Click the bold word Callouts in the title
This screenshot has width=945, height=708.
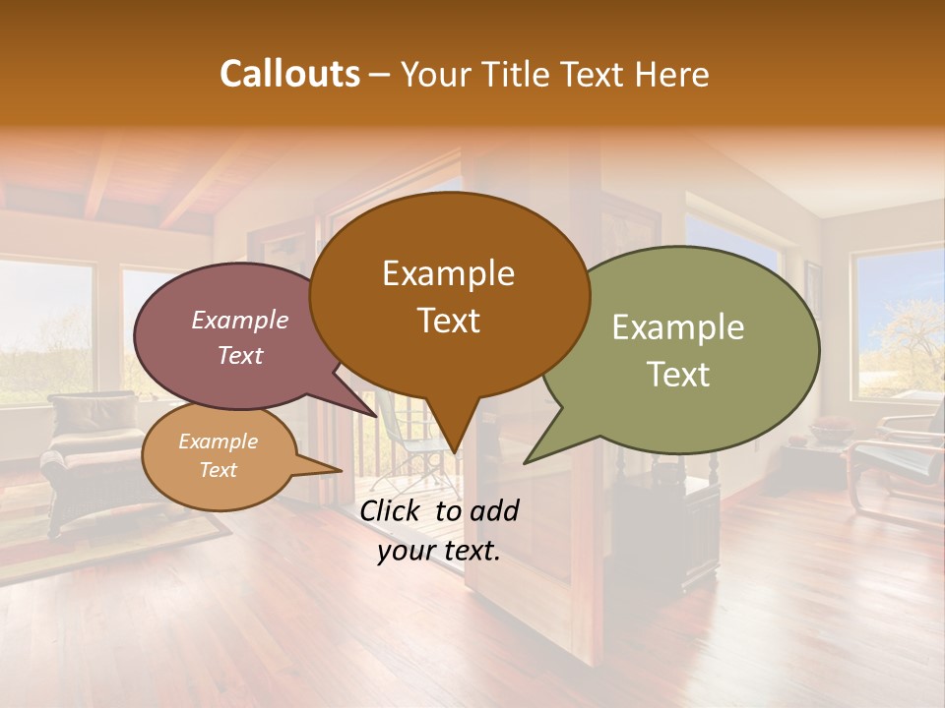click(x=289, y=74)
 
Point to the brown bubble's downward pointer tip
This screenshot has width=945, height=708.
click(x=454, y=452)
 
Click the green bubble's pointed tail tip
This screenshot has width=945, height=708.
click(x=526, y=462)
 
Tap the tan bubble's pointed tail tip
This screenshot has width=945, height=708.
click(x=341, y=471)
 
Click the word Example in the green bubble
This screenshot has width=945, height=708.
click(x=678, y=327)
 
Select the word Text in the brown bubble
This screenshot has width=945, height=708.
click(x=449, y=321)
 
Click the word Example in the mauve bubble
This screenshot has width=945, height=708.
click(x=240, y=320)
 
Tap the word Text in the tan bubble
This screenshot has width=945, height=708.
click(x=218, y=470)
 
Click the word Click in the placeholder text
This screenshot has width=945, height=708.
click(x=392, y=510)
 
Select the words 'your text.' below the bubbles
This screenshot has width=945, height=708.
click(x=439, y=551)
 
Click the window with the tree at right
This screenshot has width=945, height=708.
click(x=898, y=320)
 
